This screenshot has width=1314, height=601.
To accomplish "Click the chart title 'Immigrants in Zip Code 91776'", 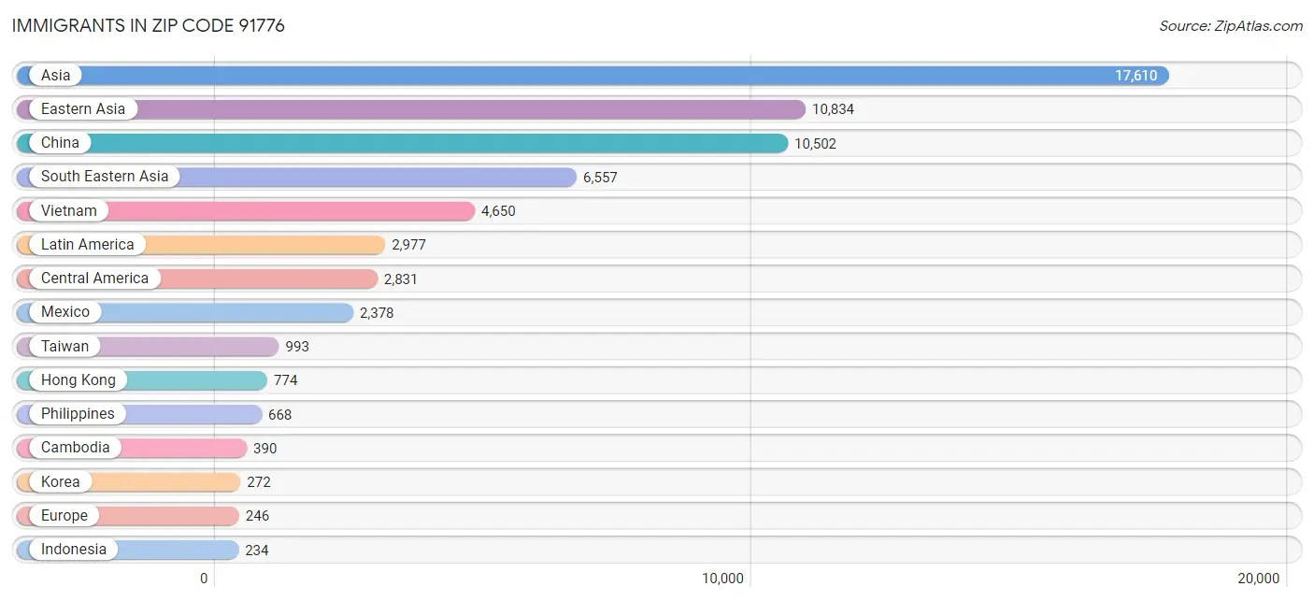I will (149, 26).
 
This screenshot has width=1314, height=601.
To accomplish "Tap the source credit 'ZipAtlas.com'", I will (1230, 26).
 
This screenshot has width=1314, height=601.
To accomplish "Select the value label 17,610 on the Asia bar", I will (1135, 76).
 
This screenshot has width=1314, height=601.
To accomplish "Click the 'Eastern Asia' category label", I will (82, 109).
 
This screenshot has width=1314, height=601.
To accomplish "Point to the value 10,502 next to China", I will (815, 144).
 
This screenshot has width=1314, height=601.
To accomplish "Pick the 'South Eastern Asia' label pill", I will (105, 177).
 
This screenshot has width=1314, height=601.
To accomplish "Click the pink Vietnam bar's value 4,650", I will (498, 211).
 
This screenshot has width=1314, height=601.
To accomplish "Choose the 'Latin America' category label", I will (87, 245).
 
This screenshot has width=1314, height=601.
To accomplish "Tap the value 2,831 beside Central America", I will (403, 279).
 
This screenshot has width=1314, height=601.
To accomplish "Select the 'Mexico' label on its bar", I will (65, 312).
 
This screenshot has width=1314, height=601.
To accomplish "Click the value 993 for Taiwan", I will (297, 347).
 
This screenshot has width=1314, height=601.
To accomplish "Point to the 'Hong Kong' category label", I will (79, 380).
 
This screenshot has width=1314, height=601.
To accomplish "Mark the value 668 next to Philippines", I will (280, 414).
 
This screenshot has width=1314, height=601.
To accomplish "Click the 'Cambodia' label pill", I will (75, 448).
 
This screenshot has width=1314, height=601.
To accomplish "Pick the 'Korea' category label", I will (60, 482).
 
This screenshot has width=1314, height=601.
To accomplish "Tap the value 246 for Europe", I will (257, 516).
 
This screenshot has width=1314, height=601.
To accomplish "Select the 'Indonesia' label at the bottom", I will (73, 550).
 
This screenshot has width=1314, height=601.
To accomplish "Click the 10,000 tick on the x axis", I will (723, 579).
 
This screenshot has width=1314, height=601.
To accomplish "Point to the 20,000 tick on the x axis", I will (1259, 579).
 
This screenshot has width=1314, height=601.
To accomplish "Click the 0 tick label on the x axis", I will (204, 579).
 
